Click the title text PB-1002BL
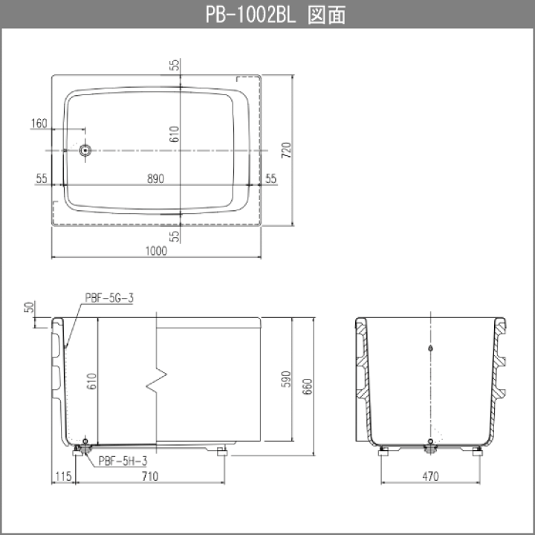point(251,15)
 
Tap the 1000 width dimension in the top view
point(156,251)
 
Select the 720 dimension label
point(287,150)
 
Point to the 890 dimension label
point(155,178)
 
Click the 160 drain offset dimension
point(39,123)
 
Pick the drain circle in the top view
point(85,150)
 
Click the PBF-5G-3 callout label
point(109,298)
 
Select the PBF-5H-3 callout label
point(123,461)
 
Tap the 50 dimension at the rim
point(29,307)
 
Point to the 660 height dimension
point(308,386)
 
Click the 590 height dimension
point(286,379)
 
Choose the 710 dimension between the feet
point(150,476)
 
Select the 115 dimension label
point(63,476)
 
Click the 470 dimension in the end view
point(430,476)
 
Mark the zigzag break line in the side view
point(157,380)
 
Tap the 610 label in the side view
point(92,381)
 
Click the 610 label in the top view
point(175,134)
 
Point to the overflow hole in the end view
point(430,348)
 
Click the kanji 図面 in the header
point(326,15)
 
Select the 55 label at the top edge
point(175,65)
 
